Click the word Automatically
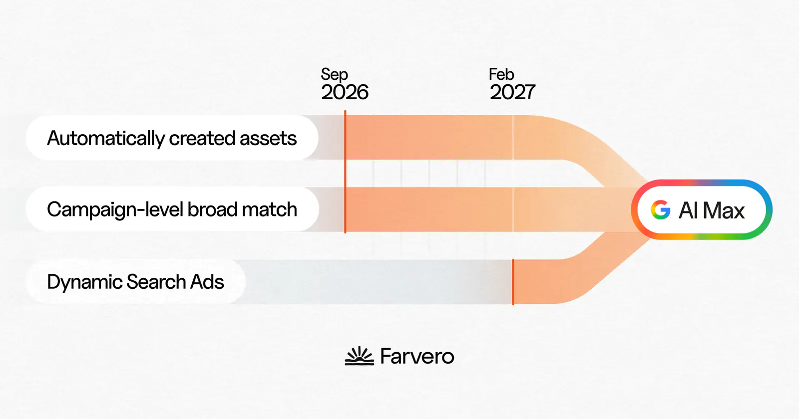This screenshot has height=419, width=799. [106, 138]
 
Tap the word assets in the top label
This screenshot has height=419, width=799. [268, 138]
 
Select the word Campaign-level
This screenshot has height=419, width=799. [115, 209]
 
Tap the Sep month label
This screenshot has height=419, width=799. [334, 74]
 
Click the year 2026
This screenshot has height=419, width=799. [345, 92]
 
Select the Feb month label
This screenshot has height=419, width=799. [501, 74]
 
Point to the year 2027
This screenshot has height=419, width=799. [512, 92]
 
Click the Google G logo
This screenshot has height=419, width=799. [661, 209]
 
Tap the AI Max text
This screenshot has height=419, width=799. [712, 210]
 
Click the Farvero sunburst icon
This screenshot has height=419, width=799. [360, 356]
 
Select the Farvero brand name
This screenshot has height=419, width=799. [417, 356]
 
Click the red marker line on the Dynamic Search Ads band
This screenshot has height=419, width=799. [513, 282]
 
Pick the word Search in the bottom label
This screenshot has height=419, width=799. [156, 282]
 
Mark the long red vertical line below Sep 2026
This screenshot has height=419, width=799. [345, 172]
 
